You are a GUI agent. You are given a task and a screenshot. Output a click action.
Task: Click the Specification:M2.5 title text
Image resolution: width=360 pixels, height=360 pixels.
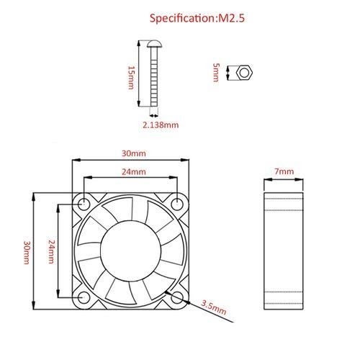[197, 19]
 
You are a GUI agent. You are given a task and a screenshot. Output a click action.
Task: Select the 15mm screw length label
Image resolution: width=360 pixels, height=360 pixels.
[131, 78]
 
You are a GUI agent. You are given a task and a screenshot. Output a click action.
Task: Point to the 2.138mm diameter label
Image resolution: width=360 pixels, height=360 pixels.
[161, 125]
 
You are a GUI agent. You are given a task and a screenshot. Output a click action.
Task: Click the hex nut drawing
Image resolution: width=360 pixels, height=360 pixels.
[244, 73]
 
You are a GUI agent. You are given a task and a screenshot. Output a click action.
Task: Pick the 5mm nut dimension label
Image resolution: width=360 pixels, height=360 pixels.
[216, 73]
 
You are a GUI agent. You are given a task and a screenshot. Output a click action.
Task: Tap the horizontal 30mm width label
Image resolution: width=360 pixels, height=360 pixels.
[134, 153]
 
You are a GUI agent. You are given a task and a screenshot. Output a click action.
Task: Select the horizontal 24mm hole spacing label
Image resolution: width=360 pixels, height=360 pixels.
[134, 172]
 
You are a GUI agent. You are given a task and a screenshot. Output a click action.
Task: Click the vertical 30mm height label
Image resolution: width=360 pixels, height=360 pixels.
[27, 252]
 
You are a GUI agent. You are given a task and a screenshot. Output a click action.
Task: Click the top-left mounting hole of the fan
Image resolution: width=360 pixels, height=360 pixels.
[84, 204]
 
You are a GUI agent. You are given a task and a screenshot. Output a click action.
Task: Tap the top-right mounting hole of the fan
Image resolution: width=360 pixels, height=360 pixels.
[177, 204]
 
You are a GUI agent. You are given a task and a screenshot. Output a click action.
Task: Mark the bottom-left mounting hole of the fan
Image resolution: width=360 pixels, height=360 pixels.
[84, 297]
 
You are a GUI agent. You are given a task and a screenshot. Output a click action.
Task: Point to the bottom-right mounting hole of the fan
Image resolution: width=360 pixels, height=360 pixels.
[177, 297]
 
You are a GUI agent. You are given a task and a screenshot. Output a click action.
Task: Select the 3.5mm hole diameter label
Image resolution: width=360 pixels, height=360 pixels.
[213, 307]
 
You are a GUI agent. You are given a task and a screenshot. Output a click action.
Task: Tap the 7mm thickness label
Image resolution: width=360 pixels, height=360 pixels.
[284, 171]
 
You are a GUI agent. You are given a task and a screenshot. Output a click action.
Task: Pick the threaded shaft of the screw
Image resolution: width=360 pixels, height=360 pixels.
[154, 76]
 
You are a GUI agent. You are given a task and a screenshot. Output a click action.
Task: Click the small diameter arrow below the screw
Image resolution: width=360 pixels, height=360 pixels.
[154, 116]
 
